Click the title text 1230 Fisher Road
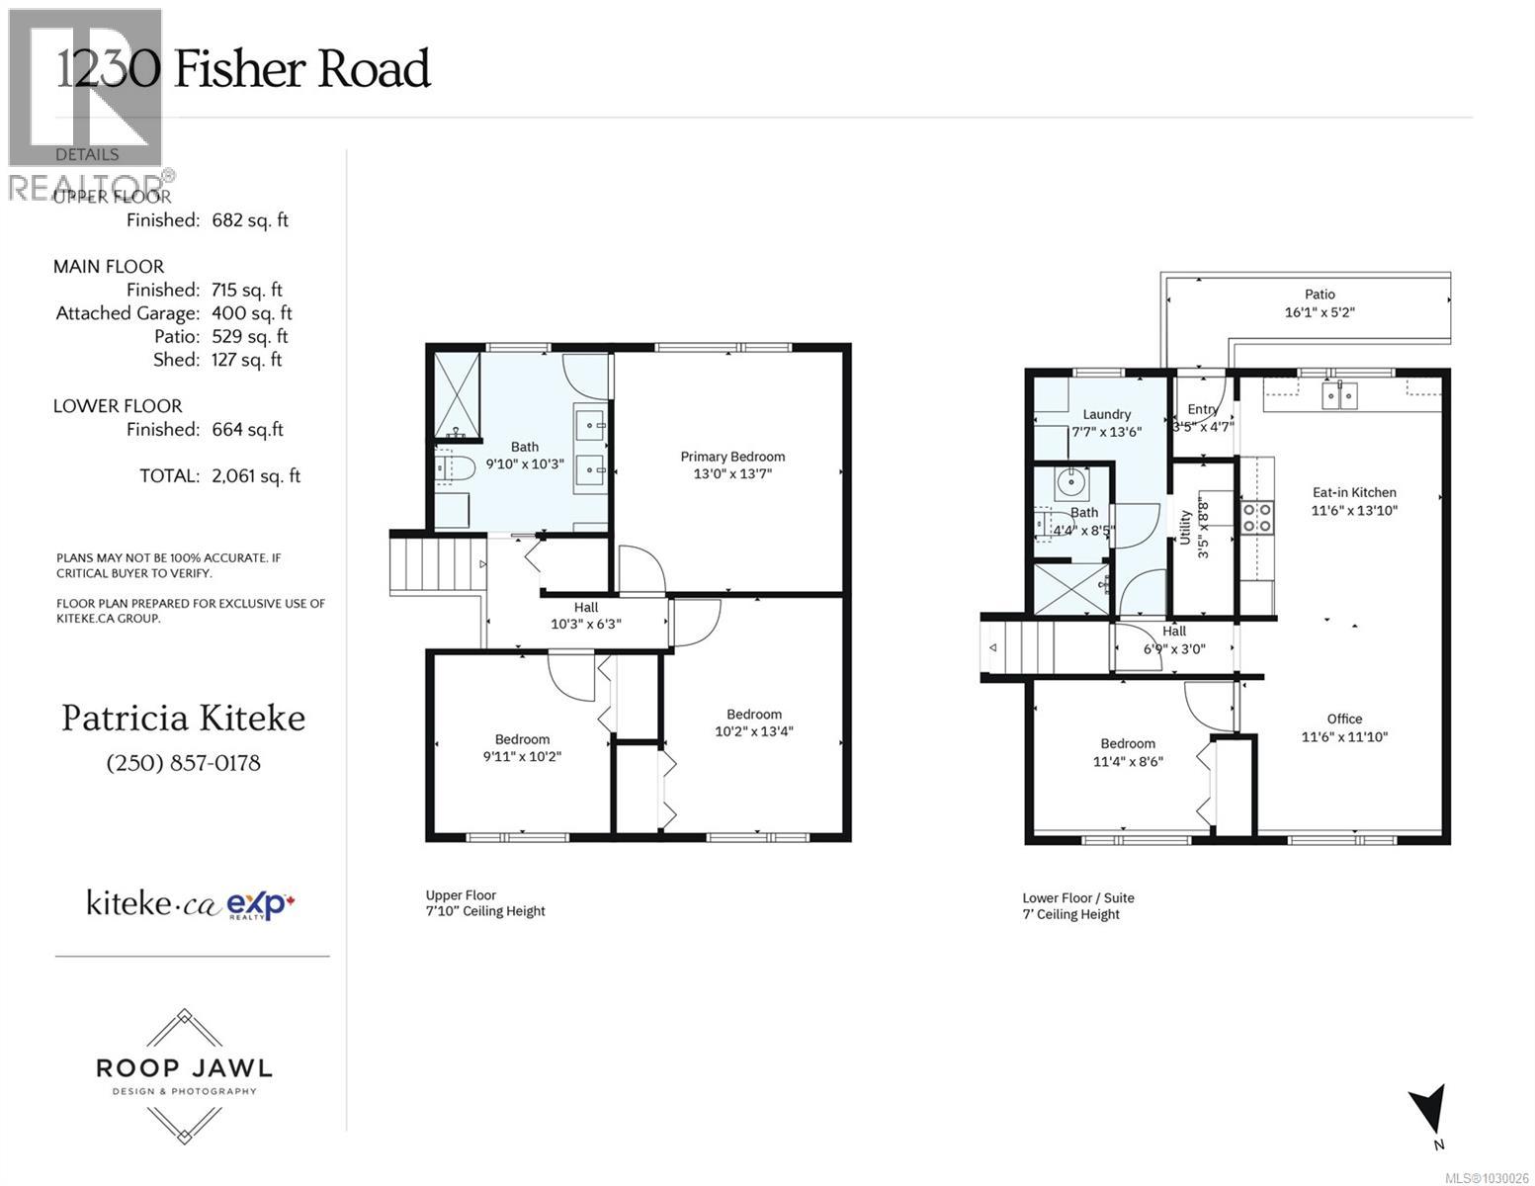click(243, 69)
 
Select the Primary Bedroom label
click(732, 457)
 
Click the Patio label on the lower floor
click(1319, 295)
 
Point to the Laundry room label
click(1106, 415)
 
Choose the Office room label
click(1344, 720)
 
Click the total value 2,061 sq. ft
click(256, 476)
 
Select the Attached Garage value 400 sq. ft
click(252, 313)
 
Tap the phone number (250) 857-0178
click(183, 763)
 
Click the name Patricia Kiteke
click(183, 719)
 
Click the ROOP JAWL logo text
click(183, 1068)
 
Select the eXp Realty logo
click(261, 904)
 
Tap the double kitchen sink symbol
click(1340, 395)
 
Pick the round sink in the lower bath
click(1069, 483)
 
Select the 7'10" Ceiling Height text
click(485, 911)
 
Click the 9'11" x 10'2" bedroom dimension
click(522, 757)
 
